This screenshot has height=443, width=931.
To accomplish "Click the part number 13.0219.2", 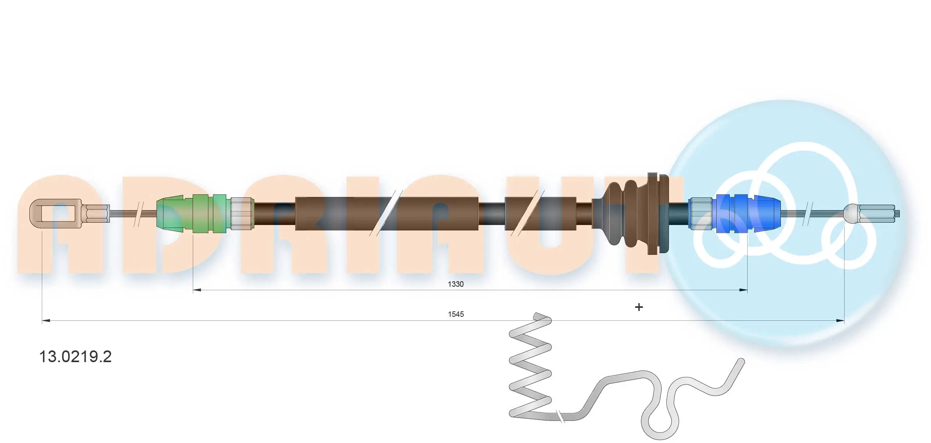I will [75, 357].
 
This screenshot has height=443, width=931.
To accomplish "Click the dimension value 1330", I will [456, 284].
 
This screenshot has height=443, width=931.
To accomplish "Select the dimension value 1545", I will [456, 314].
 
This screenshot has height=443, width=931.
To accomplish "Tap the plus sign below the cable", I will [639, 307].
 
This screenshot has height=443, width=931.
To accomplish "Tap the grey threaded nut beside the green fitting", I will [241, 214].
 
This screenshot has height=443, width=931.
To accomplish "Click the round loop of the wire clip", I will [660, 424].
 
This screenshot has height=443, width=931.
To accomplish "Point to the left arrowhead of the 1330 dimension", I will [197, 290].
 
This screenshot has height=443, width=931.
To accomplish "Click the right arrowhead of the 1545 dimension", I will [840, 321].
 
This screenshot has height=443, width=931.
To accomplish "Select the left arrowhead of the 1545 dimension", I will [46, 321].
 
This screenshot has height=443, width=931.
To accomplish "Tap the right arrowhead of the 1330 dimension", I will [743, 290].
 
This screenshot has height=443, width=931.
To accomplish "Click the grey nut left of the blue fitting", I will [700, 214].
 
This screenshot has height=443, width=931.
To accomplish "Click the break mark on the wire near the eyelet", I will [138, 214].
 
